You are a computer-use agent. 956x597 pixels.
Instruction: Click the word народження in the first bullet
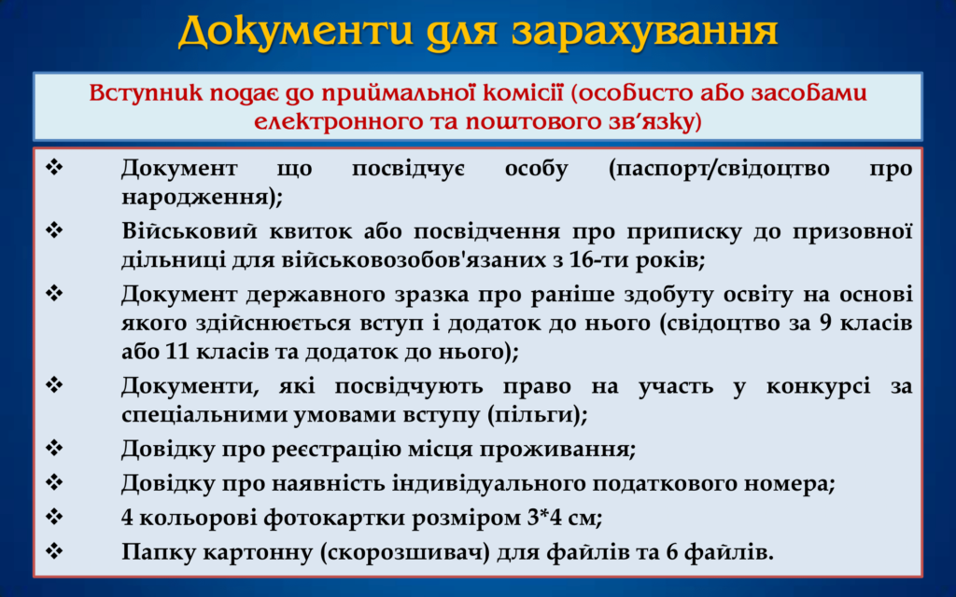click(x=197, y=198)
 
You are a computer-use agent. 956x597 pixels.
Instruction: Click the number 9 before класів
click(x=825, y=324)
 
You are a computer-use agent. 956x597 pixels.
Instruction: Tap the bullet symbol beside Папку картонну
click(x=54, y=551)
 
